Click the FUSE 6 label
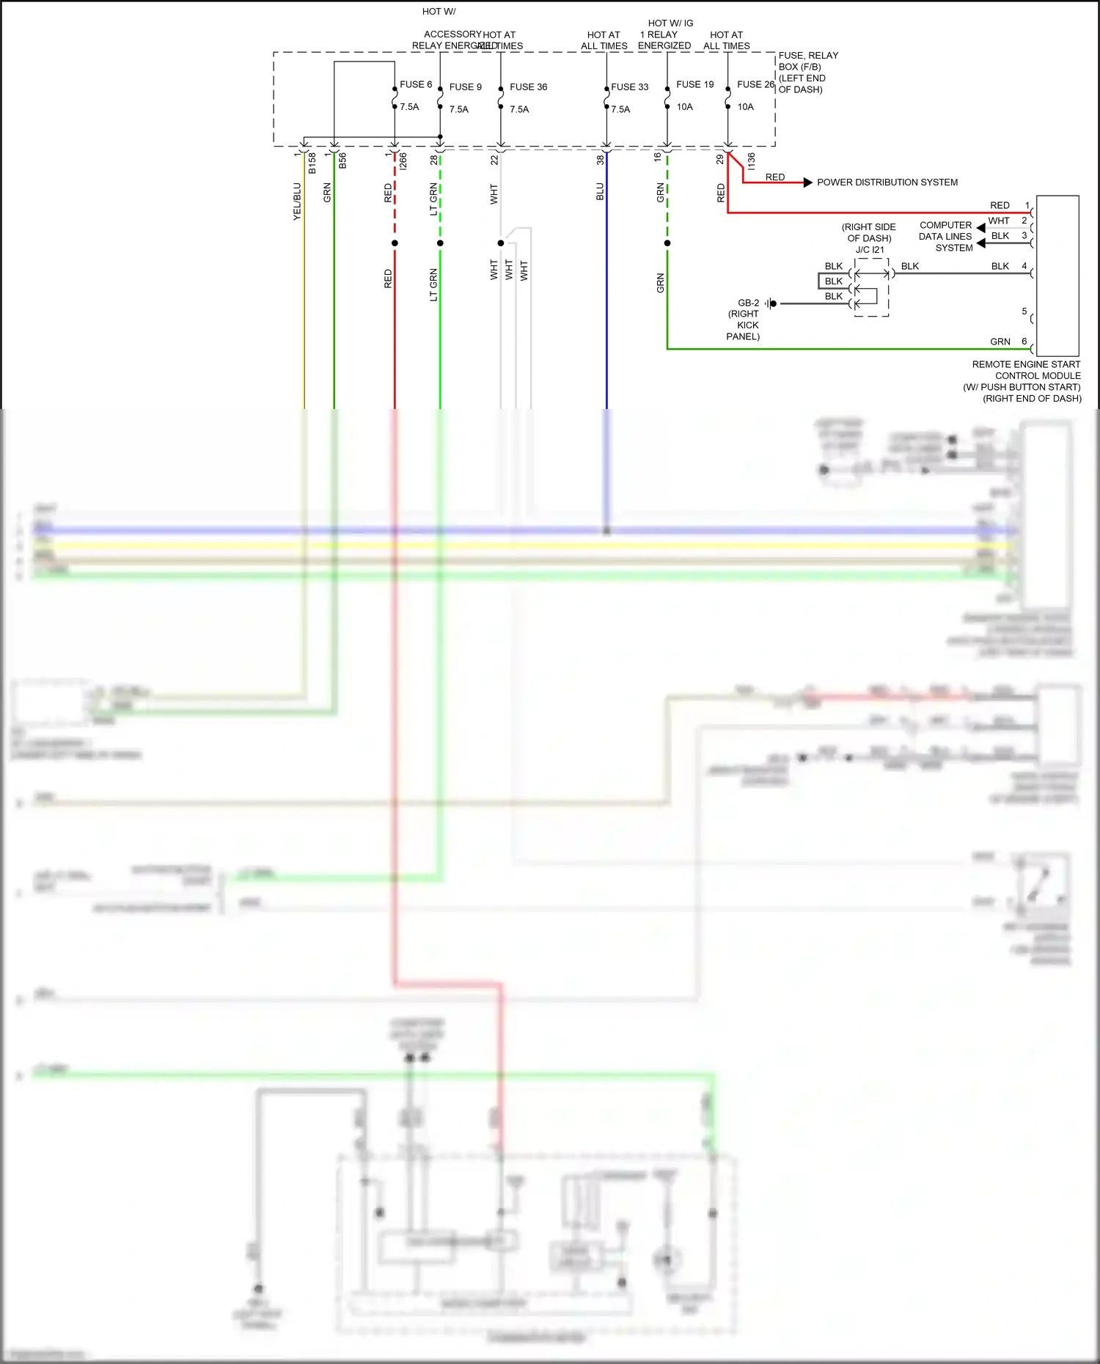click(x=415, y=84)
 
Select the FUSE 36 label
click(x=528, y=86)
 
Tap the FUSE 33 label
click(x=629, y=86)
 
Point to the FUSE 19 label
click(x=694, y=84)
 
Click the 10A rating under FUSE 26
click(x=745, y=107)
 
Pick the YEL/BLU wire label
click(x=297, y=202)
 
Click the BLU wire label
click(x=600, y=192)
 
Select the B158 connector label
click(x=312, y=163)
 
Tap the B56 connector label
click(x=342, y=161)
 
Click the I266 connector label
click(x=403, y=161)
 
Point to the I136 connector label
click(x=751, y=161)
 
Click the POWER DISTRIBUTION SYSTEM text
click(x=887, y=183)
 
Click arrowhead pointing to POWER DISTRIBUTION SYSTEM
click(x=807, y=183)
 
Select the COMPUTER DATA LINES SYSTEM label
click(x=945, y=236)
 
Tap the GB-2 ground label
click(x=748, y=303)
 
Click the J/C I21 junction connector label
click(x=870, y=250)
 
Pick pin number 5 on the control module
click(x=1024, y=311)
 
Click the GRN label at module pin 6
click(x=1000, y=342)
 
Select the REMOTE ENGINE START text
click(x=1025, y=364)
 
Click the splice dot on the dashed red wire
click(x=395, y=243)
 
